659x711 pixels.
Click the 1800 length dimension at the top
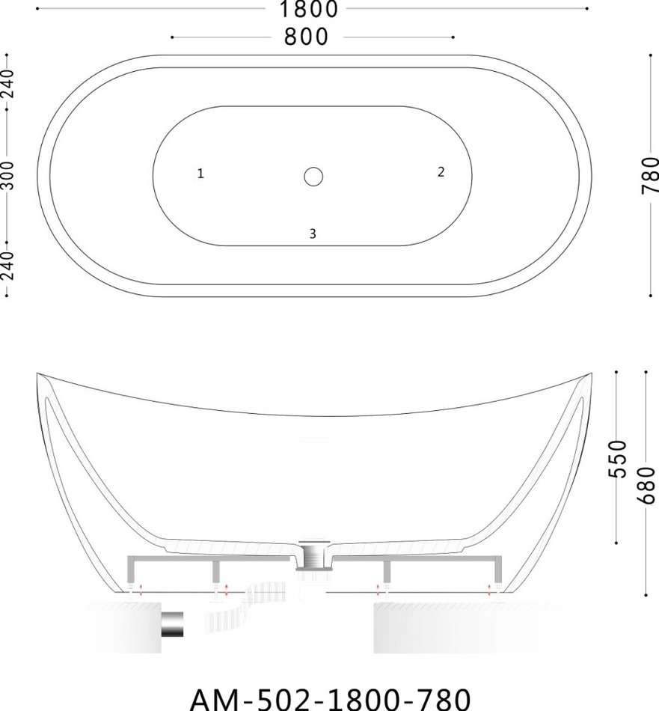[x=309, y=9]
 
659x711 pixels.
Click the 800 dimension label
[x=306, y=37]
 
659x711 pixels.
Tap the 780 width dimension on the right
[x=650, y=175]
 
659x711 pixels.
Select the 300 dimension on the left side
[x=8, y=175]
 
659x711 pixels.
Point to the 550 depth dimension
[x=617, y=459]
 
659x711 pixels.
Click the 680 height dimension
[x=646, y=485]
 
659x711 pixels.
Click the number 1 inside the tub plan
[x=200, y=173]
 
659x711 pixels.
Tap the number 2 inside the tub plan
[x=441, y=172]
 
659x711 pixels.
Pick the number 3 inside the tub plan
[x=312, y=234]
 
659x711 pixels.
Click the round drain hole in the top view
[x=313, y=177]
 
